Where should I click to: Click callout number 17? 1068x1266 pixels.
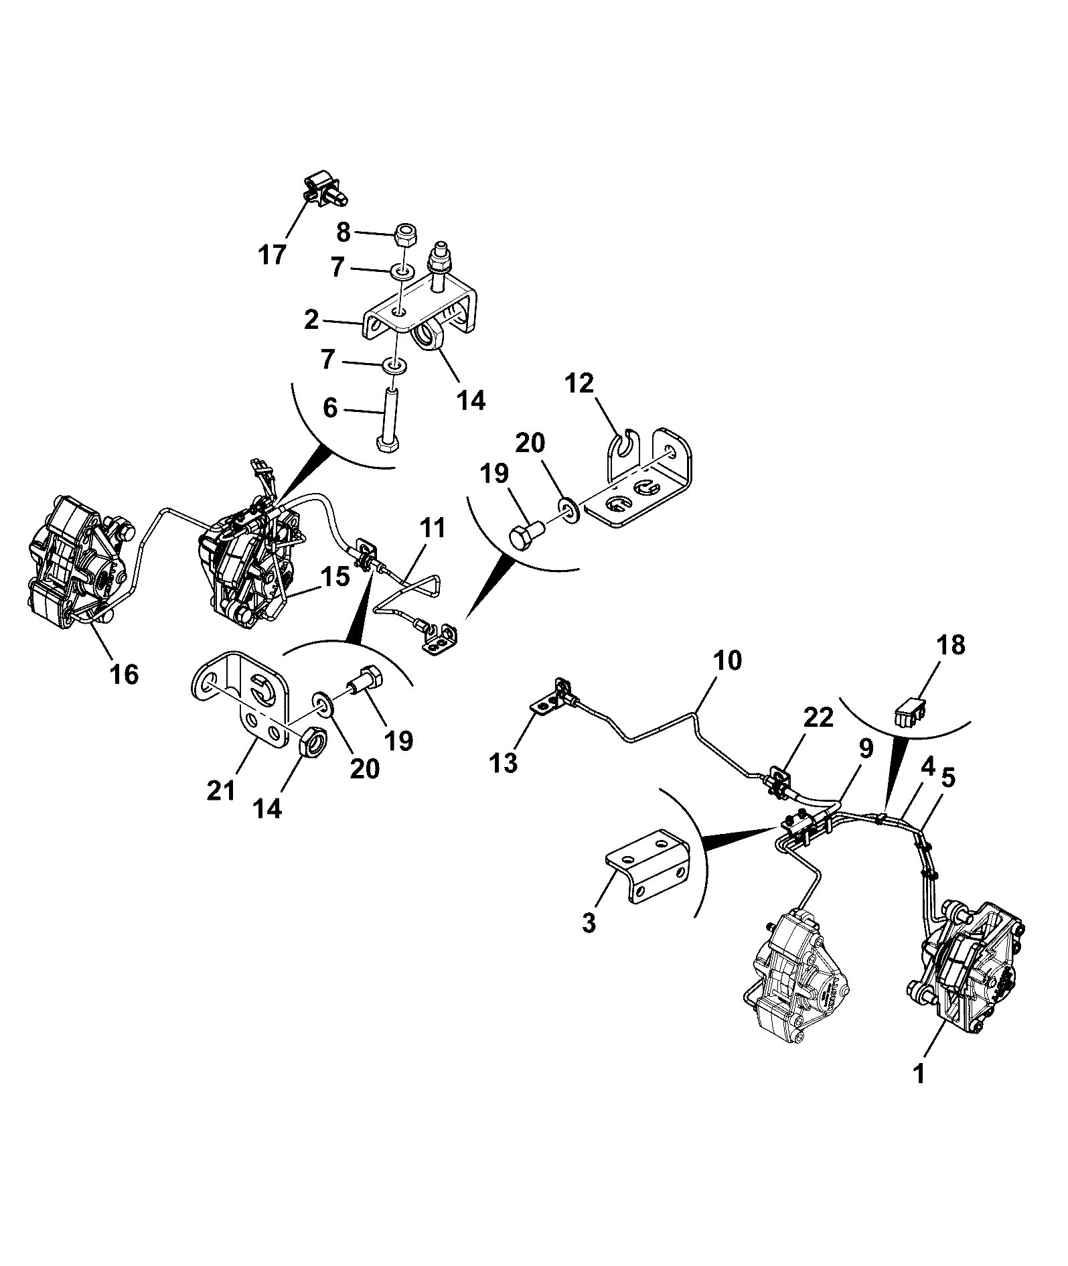click(273, 255)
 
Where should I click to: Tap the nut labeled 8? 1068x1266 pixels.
click(405, 235)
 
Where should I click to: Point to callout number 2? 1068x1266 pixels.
click(311, 320)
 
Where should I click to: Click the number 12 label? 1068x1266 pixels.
click(579, 384)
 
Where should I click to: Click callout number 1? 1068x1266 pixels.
click(919, 1074)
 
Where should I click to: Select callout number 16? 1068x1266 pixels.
click(125, 674)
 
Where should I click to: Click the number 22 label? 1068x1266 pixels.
click(818, 717)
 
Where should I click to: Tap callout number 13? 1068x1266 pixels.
click(504, 762)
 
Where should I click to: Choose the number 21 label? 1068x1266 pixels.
click(222, 790)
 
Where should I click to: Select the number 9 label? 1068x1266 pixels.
click(866, 749)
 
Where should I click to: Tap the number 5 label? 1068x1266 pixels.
click(948, 778)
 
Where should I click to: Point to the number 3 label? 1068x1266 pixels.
click(589, 923)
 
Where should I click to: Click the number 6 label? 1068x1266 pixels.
click(330, 408)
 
